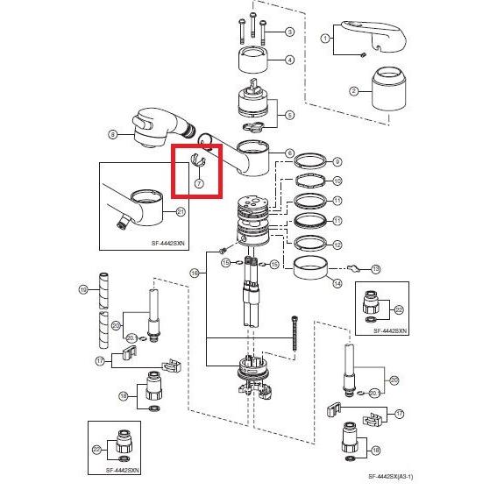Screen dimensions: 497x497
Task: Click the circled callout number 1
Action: click(x=325, y=39)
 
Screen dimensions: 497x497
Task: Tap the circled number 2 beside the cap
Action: click(x=355, y=91)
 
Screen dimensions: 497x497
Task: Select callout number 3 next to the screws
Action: click(x=290, y=32)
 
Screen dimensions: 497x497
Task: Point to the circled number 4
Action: click(x=290, y=60)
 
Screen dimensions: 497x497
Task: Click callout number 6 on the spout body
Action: click(x=290, y=153)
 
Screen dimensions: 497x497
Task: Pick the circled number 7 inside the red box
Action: click(x=199, y=184)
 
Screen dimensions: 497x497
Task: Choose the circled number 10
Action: click(x=337, y=181)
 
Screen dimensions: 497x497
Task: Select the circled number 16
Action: click(x=194, y=273)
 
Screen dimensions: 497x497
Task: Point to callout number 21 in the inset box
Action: click(x=181, y=211)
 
